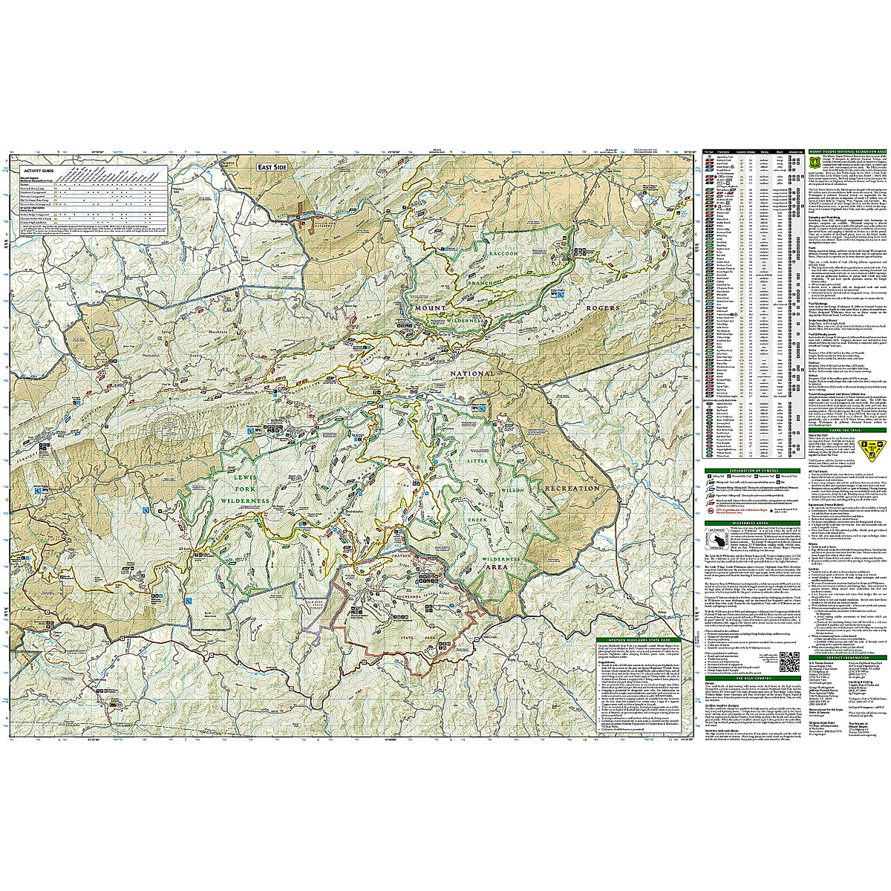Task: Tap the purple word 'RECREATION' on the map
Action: coord(572,488)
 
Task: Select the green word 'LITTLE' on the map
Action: coord(474,461)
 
